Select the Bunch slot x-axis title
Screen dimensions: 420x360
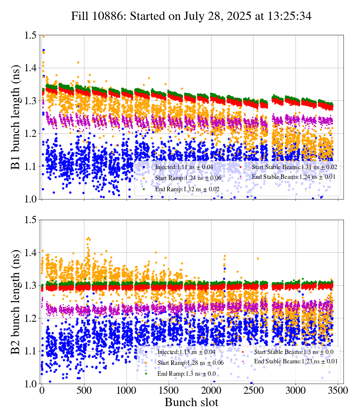point(191,403)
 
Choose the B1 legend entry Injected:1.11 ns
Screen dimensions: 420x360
point(184,166)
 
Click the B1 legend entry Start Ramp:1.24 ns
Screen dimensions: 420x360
point(186,178)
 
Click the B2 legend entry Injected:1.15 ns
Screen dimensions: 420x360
point(186,352)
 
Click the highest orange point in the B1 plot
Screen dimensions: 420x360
point(43,36)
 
